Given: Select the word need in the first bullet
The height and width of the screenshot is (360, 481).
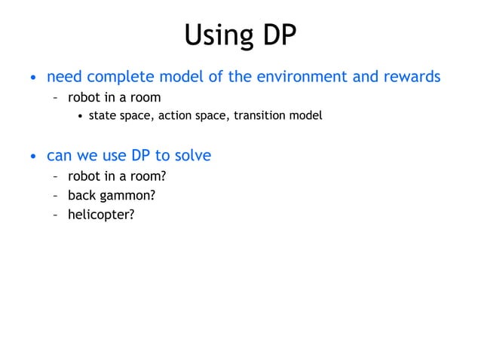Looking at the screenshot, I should tap(64, 77).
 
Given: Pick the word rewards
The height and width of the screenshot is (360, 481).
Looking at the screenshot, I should tap(411, 77).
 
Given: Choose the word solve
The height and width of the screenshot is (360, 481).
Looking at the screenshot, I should tap(192, 156).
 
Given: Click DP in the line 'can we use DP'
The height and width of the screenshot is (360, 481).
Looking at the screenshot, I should tap(142, 156).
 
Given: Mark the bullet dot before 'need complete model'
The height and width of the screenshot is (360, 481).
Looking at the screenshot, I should tap(32, 78).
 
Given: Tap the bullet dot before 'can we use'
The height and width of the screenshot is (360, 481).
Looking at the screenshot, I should tap(32, 157).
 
